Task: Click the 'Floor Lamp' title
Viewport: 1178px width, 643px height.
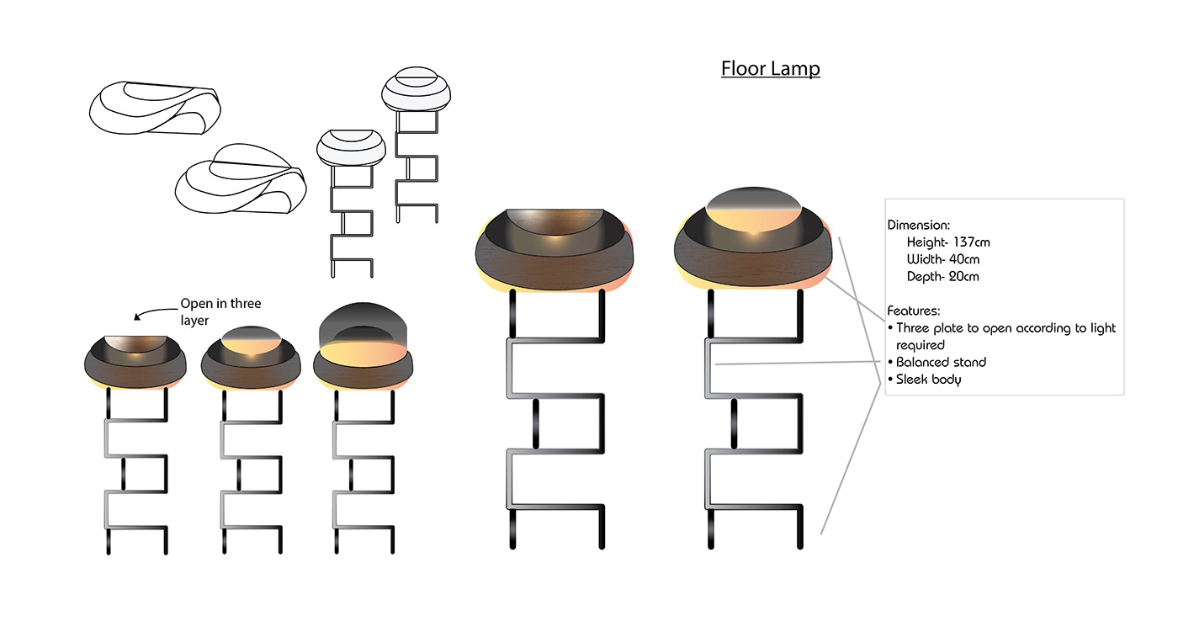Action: click(x=770, y=68)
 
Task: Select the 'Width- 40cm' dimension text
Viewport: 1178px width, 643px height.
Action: click(x=943, y=259)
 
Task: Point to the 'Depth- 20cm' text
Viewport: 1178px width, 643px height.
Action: click(x=943, y=276)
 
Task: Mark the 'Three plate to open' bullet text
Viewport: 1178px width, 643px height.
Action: click(x=1006, y=328)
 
